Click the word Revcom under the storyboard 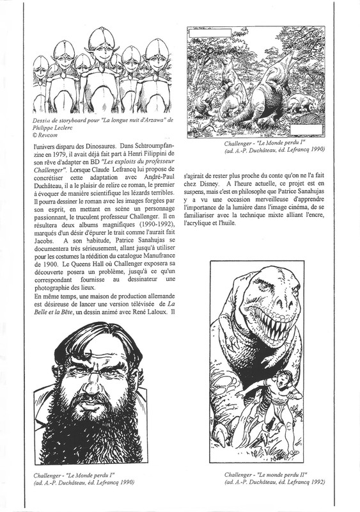[x=51, y=136]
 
